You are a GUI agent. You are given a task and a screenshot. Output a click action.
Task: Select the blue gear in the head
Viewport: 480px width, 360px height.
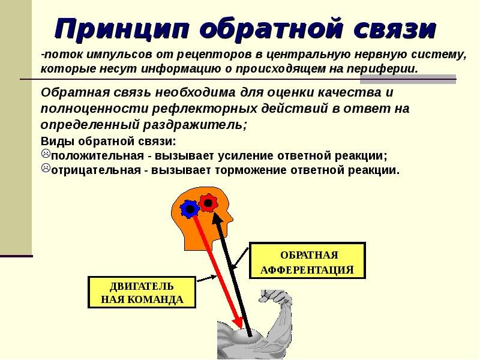pyautogui.click(x=190, y=208)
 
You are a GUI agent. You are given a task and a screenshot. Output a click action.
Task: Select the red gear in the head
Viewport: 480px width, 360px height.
pyautogui.click(x=208, y=203)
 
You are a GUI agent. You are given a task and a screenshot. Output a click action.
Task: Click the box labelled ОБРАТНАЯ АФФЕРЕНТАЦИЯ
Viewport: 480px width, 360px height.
pyautogui.click(x=307, y=261)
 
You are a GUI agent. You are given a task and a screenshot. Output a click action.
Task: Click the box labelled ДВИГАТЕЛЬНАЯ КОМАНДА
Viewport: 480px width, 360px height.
pyautogui.click(x=142, y=292)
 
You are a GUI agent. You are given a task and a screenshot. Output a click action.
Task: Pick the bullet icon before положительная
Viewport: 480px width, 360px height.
pyautogui.click(x=45, y=155)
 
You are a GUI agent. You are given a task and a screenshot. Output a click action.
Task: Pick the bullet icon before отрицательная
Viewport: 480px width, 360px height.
pyautogui.click(x=45, y=169)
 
